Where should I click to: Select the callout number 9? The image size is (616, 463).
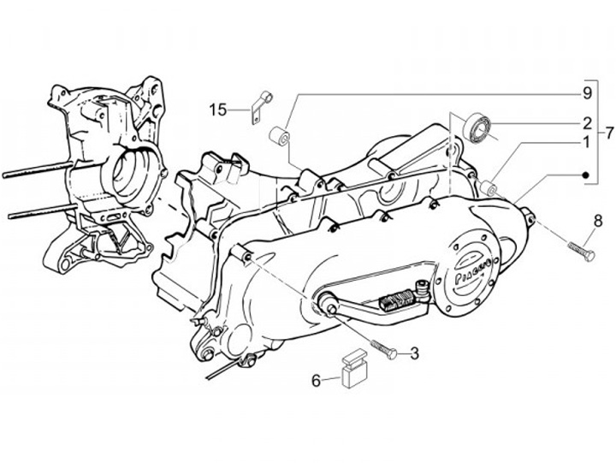pyautogui.click(x=588, y=92)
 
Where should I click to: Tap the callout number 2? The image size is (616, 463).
pyautogui.click(x=588, y=122)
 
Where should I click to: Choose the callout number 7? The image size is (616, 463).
pyautogui.click(x=607, y=133)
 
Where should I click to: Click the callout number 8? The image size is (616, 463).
pyautogui.click(x=596, y=220)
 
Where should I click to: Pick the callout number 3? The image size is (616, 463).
pyautogui.click(x=414, y=353)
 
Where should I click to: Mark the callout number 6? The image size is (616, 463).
pyautogui.click(x=316, y=380)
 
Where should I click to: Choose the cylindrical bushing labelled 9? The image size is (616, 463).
pyautogui.click(x=279, y=136)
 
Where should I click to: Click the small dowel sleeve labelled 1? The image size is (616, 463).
pyautogui.click(x=490, y=187)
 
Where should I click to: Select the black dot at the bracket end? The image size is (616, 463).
pyautogui.click(x=587, y=175)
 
